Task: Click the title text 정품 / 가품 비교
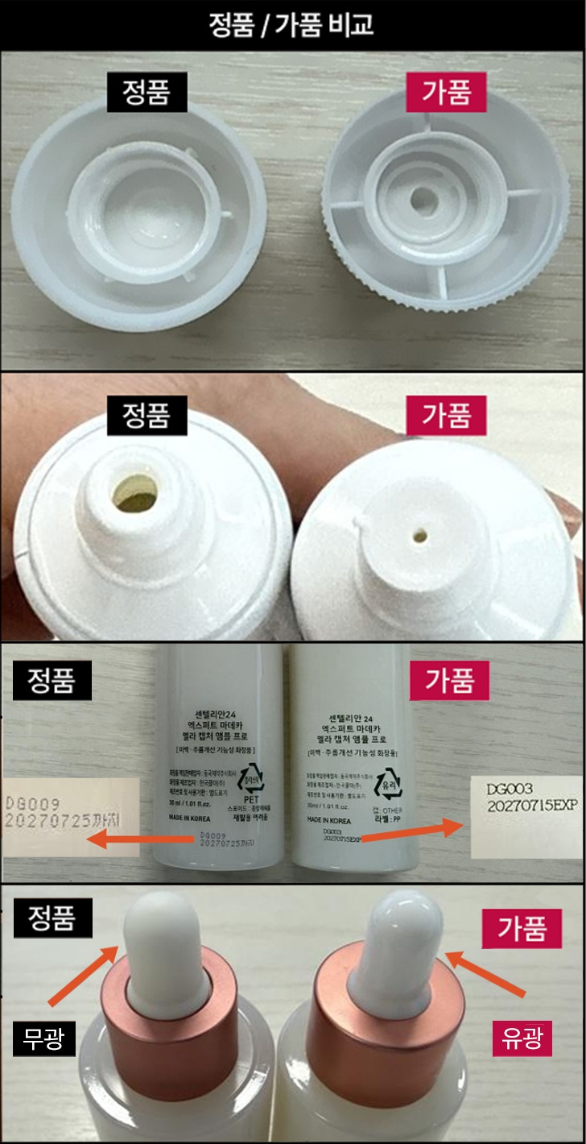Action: pyautogui.click(x=292, y=24)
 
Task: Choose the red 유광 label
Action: pyautogui.click(x=522, y=1040)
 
